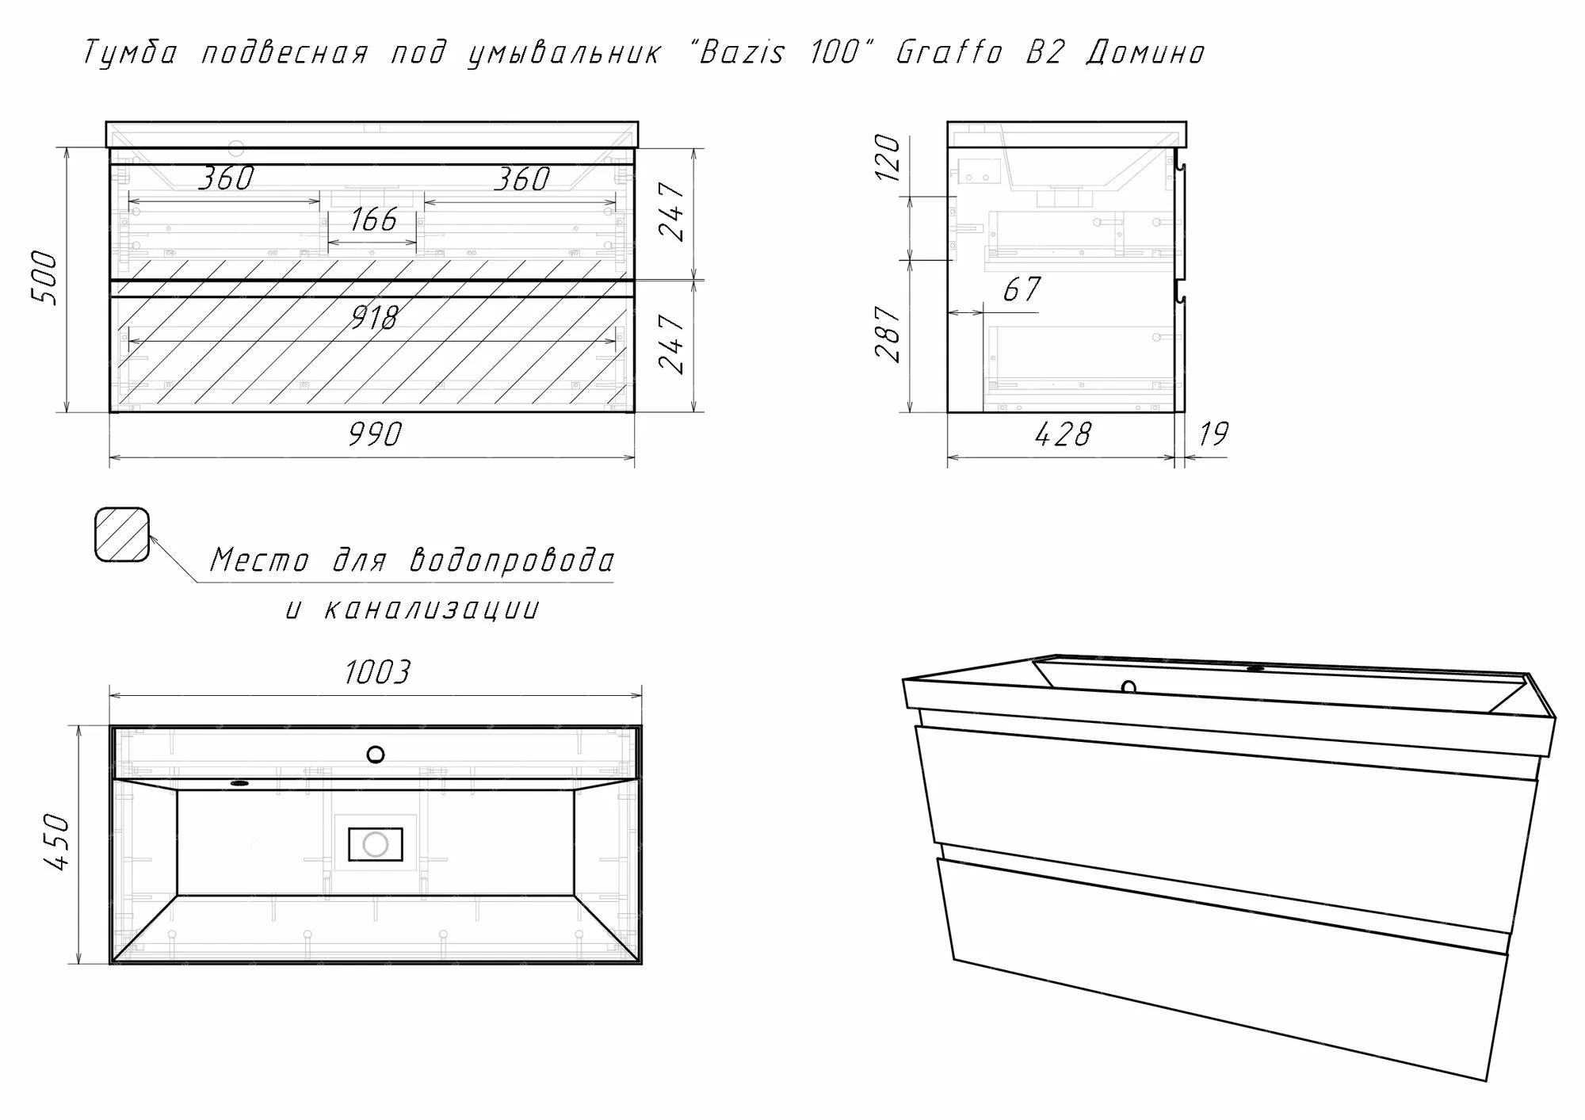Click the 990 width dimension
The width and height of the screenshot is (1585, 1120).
coord(375,434)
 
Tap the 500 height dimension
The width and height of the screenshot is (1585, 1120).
coord(44,278)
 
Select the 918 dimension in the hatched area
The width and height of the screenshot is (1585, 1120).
coord(373,318)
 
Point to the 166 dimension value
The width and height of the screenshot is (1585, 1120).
coord(373,220)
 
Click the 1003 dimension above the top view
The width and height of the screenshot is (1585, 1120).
coord(377,672)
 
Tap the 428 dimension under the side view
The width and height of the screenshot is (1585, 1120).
coord(1063,434)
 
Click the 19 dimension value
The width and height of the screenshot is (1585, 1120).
coord(1213,434)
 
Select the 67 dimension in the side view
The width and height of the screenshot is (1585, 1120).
coord(1022,289)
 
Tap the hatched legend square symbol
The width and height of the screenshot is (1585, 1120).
coord(122,535)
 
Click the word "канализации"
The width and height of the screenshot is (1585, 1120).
coord(432,610)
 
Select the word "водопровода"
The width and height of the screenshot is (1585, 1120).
coord(512,560)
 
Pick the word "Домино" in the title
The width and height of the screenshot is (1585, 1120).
coord(1146,53)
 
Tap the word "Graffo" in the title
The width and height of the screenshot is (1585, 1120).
coord(949,52)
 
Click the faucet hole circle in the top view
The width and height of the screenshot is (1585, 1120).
coord(376,754)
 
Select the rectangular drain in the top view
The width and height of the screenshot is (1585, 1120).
coord(376,844)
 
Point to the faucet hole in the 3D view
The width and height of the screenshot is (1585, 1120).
coord(1129,687)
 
